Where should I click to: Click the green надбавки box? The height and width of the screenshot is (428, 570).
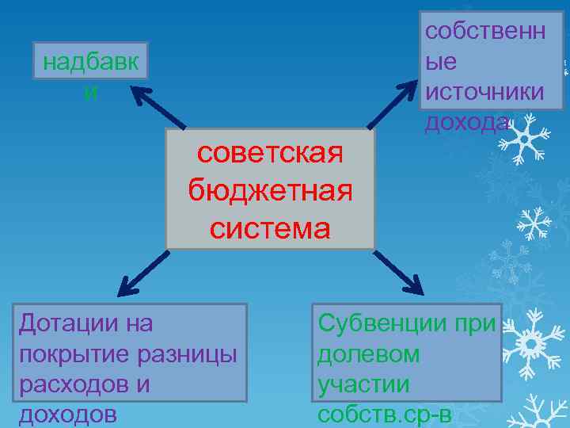pos(91,71)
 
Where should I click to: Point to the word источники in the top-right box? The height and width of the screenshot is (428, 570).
pos(484,91)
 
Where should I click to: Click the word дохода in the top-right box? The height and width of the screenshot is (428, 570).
pos(466,120)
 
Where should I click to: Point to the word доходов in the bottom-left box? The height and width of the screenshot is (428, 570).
pos(67,413)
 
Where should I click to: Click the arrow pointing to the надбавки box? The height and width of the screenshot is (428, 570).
pos(158,107)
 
